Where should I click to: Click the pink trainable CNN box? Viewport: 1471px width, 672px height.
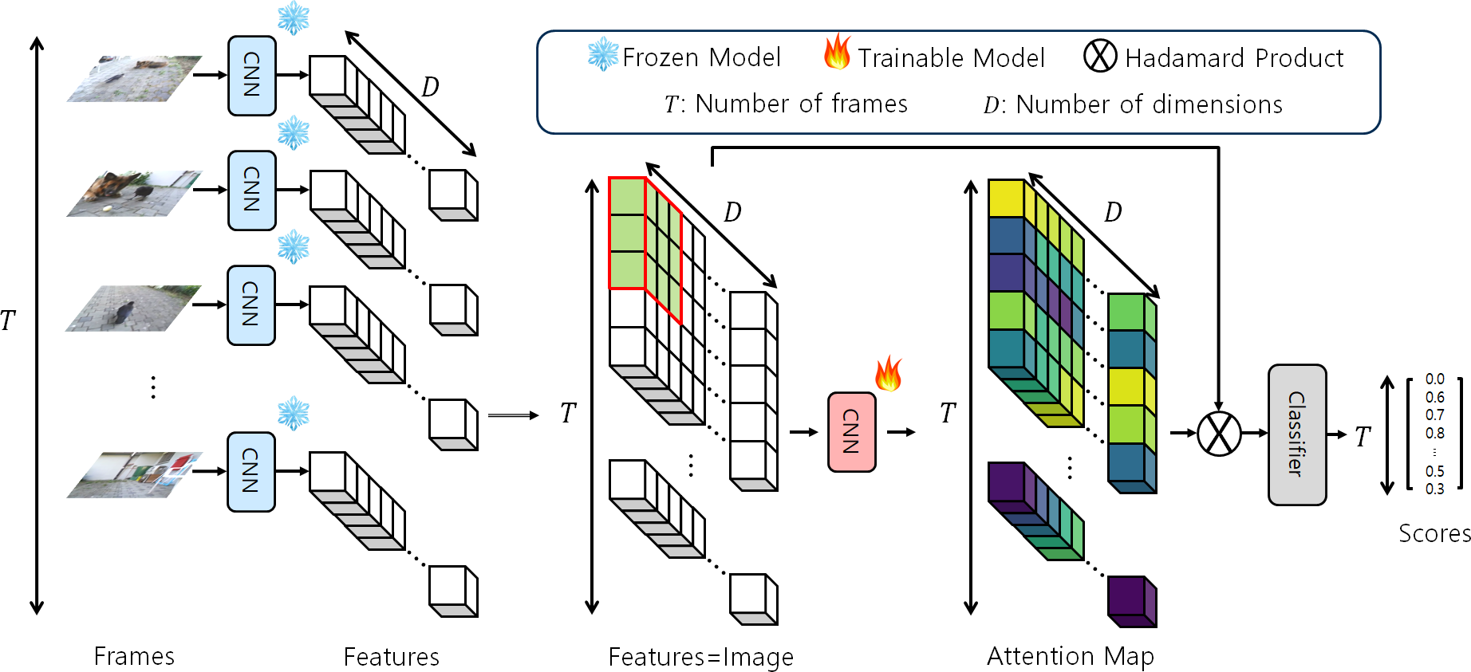pyautogui.click(x=851, y=431)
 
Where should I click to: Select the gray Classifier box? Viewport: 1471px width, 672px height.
pyautogui.click(x=1297, y=434)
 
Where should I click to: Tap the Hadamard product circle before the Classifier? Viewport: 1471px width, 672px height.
pyautogui.click(x=1219, y=434)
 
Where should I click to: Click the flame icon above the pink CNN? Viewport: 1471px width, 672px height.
pyautogui.click(x=888, y=373)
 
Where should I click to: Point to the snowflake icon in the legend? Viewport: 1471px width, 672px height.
pyautogui.click(x=603, y=54)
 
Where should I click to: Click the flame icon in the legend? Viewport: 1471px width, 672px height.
pyautogui.click(x=837, y=53)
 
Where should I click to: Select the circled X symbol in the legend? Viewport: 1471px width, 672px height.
pyautogui.click(x=1100, y=56)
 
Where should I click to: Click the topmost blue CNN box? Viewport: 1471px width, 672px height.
pyautogui.click(x=251, y=76)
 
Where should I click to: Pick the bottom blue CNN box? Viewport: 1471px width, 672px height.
pyautogui.click(x=251, y=471)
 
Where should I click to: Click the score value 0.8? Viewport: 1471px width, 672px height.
pyautogui.click(x=1434, y=434)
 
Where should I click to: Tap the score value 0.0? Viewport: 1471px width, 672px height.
pyautogui.click(x=1434, y=379)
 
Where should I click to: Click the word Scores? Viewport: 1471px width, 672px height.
pyautogui.click(x=1434, y=533)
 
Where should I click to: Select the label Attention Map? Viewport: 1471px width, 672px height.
pyautogui.click(x=1070, y=656)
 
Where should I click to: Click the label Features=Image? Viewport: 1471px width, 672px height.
pyautogui.click(x=700, y=657)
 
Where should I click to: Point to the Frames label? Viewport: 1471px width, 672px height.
pyautogui.click(x=134, y=656)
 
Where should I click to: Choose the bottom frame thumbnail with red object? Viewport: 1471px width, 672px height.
pyautogui.click(x=133, y=474)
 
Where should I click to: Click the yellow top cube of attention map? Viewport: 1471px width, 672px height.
pyautogui.click(x=1005, y=198)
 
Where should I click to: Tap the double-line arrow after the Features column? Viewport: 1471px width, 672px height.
pyautogui.click(x=513, y=415)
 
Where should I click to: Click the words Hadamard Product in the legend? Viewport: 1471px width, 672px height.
pyautogui.click(x=1233, y=58)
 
